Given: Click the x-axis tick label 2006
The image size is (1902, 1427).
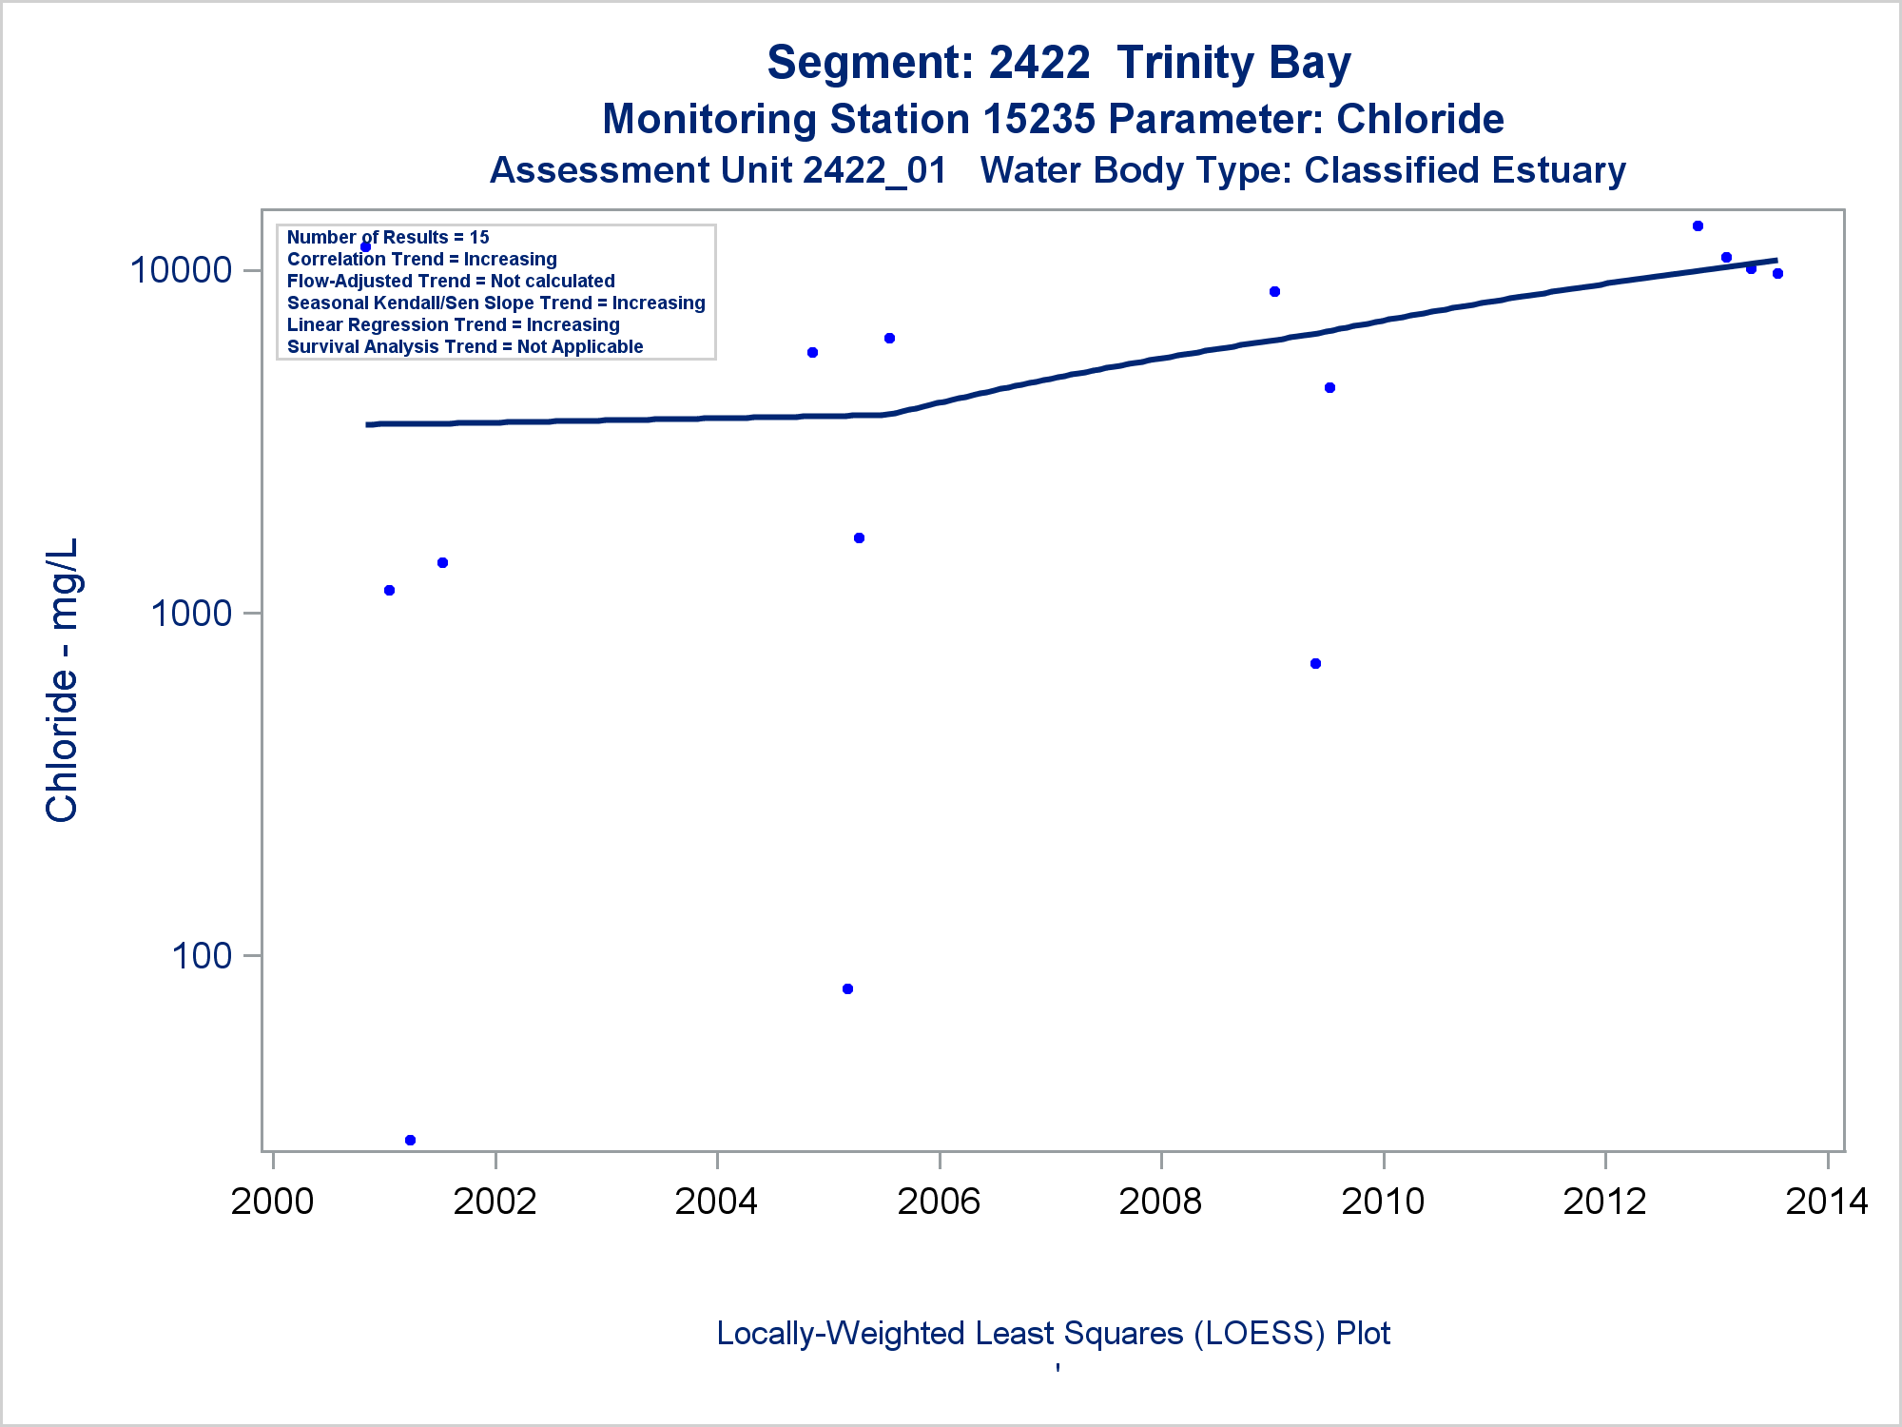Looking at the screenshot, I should click(x=939, y=1202).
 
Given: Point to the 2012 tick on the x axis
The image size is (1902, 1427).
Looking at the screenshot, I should click(x=1604, y=1202).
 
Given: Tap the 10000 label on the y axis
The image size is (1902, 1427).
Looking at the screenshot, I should click(x=181, y=270).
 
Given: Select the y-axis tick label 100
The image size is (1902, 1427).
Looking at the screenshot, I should click(x=202, y=955).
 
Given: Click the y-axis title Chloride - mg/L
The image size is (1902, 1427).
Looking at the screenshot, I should click(x=62, y=679).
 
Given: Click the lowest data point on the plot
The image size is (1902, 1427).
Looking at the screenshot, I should click(x=410, y=1140).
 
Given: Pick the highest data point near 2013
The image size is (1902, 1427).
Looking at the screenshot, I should click(x=1698, y=226).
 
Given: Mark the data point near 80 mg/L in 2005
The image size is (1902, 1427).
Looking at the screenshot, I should click(x=847, y=989).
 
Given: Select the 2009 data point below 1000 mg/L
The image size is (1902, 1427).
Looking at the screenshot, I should click(x=1315, y=664).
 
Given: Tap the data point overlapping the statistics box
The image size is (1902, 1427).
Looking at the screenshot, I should click(x=365, y=247).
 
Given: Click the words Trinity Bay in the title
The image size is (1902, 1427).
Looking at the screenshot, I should click(x=1233, y=63).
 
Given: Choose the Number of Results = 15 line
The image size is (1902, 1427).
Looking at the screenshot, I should click(x=388, y=238).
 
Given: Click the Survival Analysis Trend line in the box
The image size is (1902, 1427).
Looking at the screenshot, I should click(x=465, y=347).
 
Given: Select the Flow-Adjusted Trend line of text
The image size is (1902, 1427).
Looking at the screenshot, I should click(x=451, y=282).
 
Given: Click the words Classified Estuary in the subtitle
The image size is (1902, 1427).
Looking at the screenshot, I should click(x=1465, y=170).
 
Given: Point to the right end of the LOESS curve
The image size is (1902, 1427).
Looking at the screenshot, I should click(x=1776, y=260).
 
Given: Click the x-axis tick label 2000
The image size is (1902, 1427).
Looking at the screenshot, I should click(x=272, y=1202).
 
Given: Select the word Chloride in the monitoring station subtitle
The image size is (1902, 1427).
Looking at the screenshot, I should click(x=1420, y=119).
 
